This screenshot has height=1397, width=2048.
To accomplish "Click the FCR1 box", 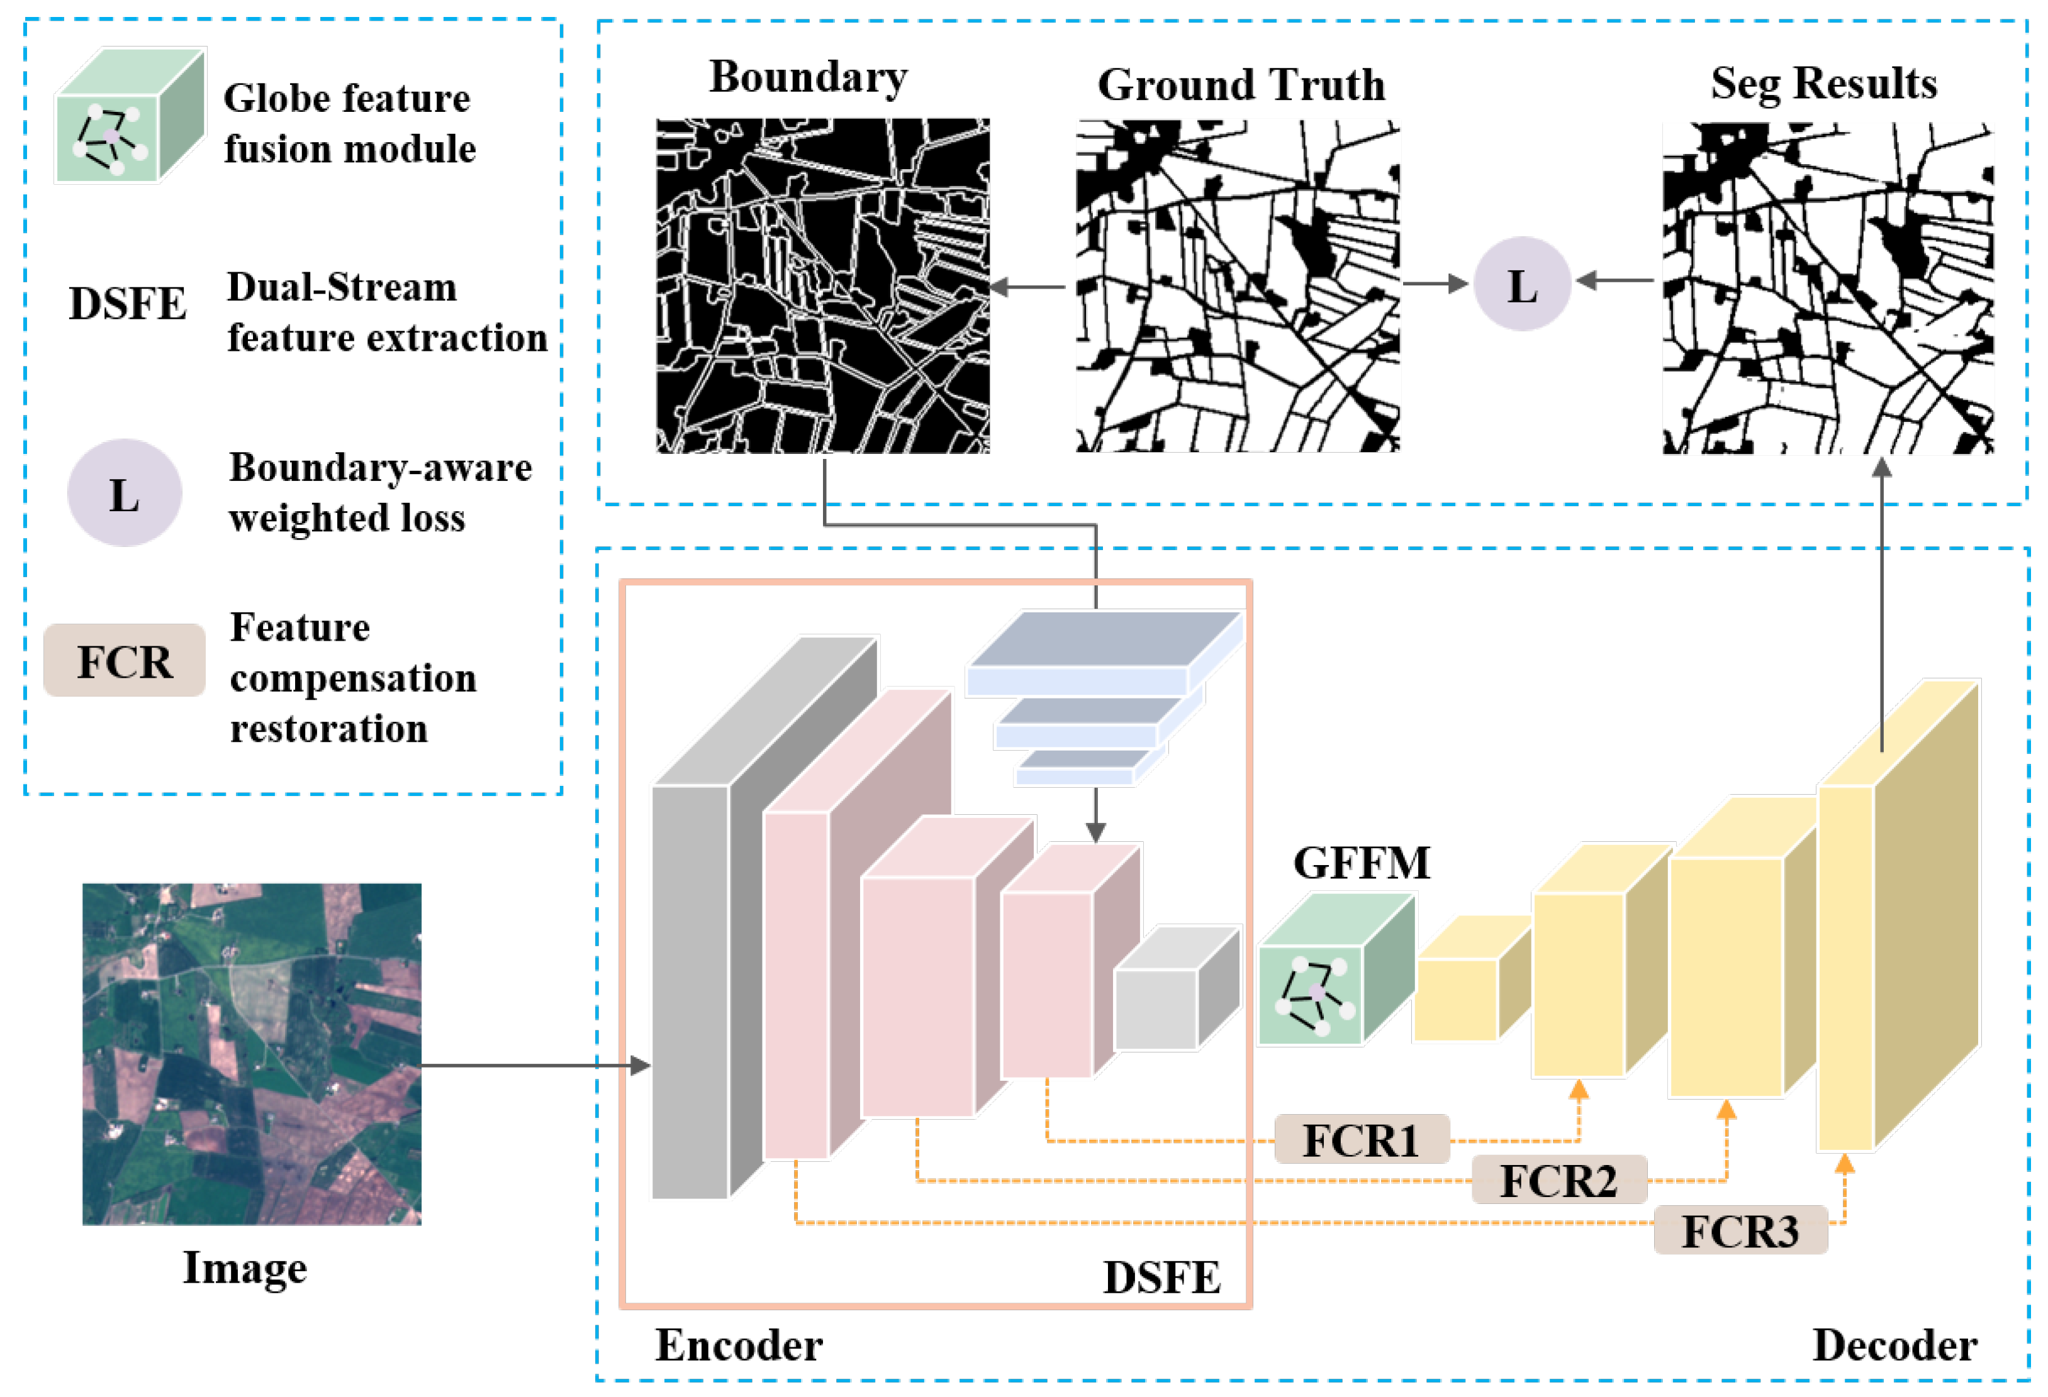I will pyautogui.click(x=1361, y=1140).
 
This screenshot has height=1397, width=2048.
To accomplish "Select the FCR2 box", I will pyautogui.click(x=1558, y=1180).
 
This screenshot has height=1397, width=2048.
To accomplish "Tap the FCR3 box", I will pyautogui.click(x=1740, y=1230).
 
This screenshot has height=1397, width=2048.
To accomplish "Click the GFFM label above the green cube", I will pyautogui.click(x=1361, y=863).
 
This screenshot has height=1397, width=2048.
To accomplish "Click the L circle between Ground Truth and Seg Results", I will pyautogui.click(x=1522, y=285).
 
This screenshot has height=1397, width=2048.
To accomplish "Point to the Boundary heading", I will pyautogui.click(x=807, y=77).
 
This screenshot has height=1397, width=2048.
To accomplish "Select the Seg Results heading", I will pyautogui.click(x=1823, y=84).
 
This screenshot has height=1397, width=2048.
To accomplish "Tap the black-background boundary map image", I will pyautogui.click(x=822, y=286).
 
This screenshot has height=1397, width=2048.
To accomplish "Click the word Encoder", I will pyautogui.click(x=739, y=1345).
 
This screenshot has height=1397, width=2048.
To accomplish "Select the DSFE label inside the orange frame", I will pyautogui.click(x=1161, y=1277).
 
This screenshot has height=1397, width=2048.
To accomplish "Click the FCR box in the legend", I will pyautogui.click(x=124, y=661).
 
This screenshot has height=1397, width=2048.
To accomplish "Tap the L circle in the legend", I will pyautogui.click(x=124, y=494).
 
